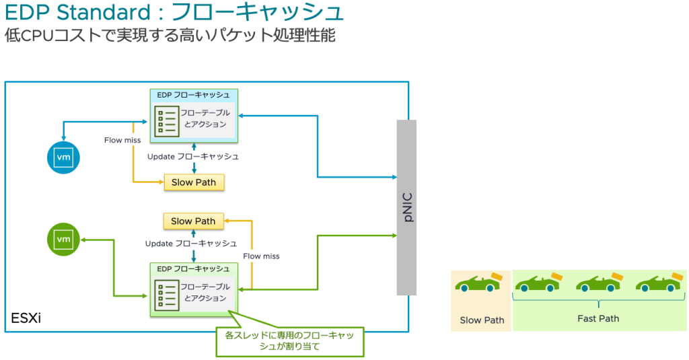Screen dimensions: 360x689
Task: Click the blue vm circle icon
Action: pyautogui.click(x=63, y=157)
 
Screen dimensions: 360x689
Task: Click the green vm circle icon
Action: pyautogui.click(x=63, y=239)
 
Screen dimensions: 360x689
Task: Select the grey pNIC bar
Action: pyautogui.click(x=406, y=207)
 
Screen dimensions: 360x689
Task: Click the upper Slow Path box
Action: pyautogui.click(x=194, y=182)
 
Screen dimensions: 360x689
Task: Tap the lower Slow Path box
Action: pyautogui.click(x=193, y=221)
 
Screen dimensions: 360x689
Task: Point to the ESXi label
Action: pyautogui.click(x=26, y=318)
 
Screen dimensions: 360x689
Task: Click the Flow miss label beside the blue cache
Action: pyautogui.click(x=122, y=140)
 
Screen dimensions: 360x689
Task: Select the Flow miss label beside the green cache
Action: pyautogui.click(x=261, y=256)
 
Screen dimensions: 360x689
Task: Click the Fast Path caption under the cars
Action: pyautogui.click(x=598, y=318)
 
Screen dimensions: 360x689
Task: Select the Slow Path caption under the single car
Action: pyautogui.click(x=482, y=320)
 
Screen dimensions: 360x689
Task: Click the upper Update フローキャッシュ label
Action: pyautogui.click(x=193, y=156)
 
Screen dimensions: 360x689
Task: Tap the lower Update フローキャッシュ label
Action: pyautogui.click(x=191, y=243)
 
